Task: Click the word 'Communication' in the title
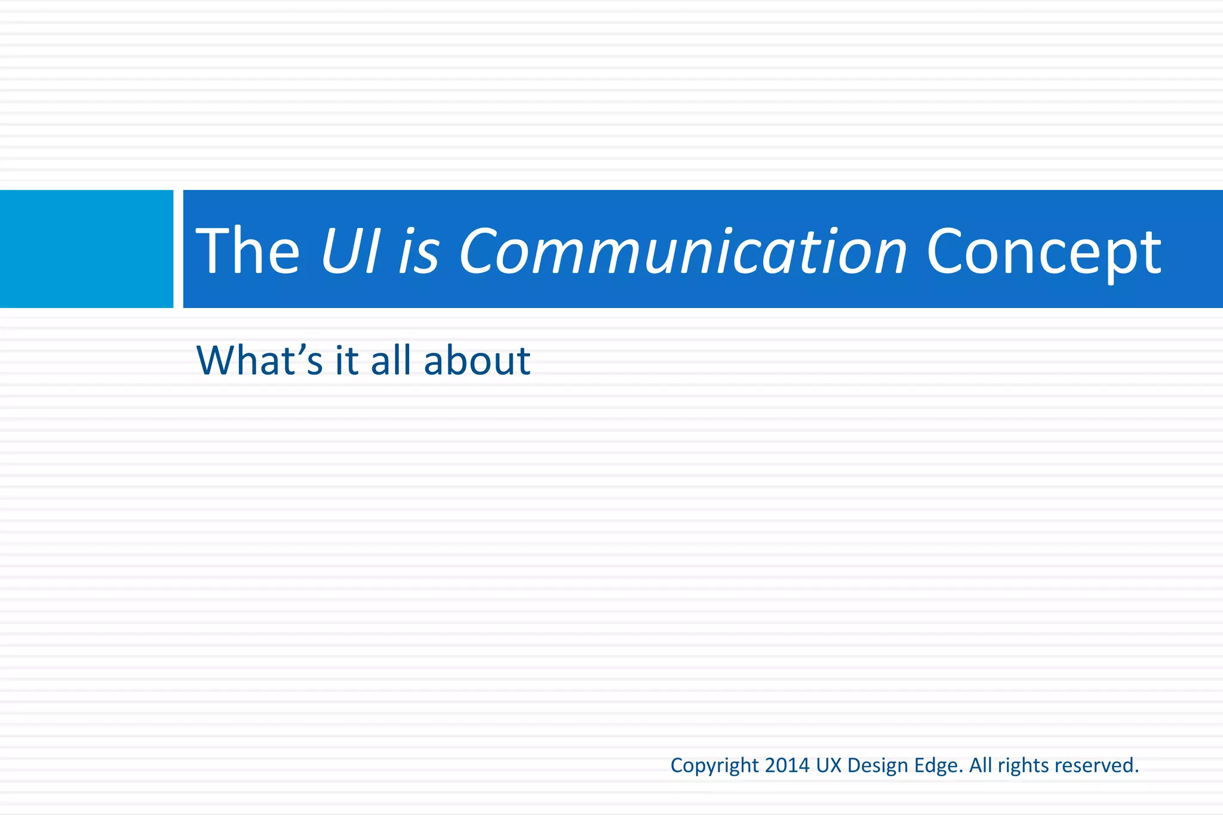pos(683,252)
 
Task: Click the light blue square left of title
pos(86,249)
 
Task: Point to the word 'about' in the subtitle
pos(477,361)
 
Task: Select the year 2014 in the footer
pos(787,765)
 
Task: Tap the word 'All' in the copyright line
pos(981,765)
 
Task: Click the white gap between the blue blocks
pos(178,249)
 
